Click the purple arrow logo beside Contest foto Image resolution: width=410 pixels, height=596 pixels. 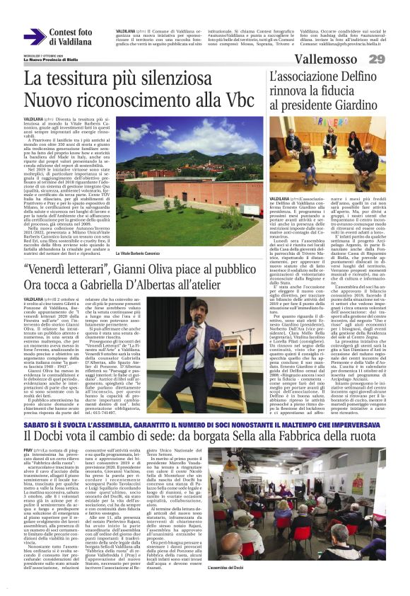pyautogui.click(x=35, y=37)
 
